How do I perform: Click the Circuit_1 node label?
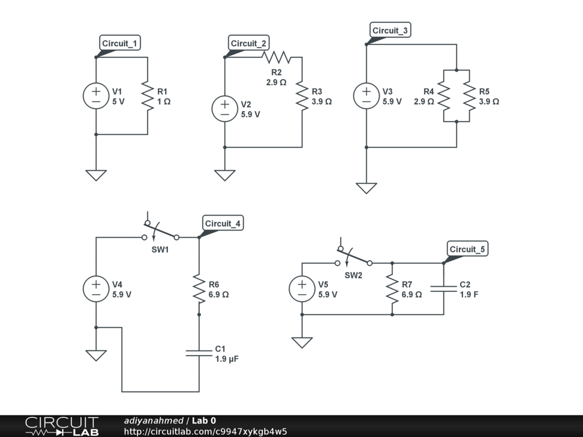pyautogui.click(x=120, y=43)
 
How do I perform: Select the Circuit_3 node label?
pyautogui.click(x=390, y=30)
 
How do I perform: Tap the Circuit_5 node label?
pyautogui.click(x=468, y=249)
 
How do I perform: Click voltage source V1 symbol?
pyautogui.click(x=96, y=96)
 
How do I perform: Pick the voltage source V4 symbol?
pyautogui.click(x=96, y=289)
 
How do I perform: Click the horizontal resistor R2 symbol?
pyautogui.click(x=276, y=57)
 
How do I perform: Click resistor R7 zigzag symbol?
pyautogui.click(x=392, y=289)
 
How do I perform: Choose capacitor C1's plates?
pyautogui.click(x=199, y=353)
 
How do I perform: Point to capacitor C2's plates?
pyautogui.click(x=444, y=289)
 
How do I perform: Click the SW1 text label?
pyautogui.click(x=160, y=250)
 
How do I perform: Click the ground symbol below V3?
pyautogui.click(x=366, y=188)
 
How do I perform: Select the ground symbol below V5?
pyautogui.click(x=302, y=342)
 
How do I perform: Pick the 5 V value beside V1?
pyautogui.click(x=118, y=101)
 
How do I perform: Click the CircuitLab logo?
pyautogui.click(x=61, y=426)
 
